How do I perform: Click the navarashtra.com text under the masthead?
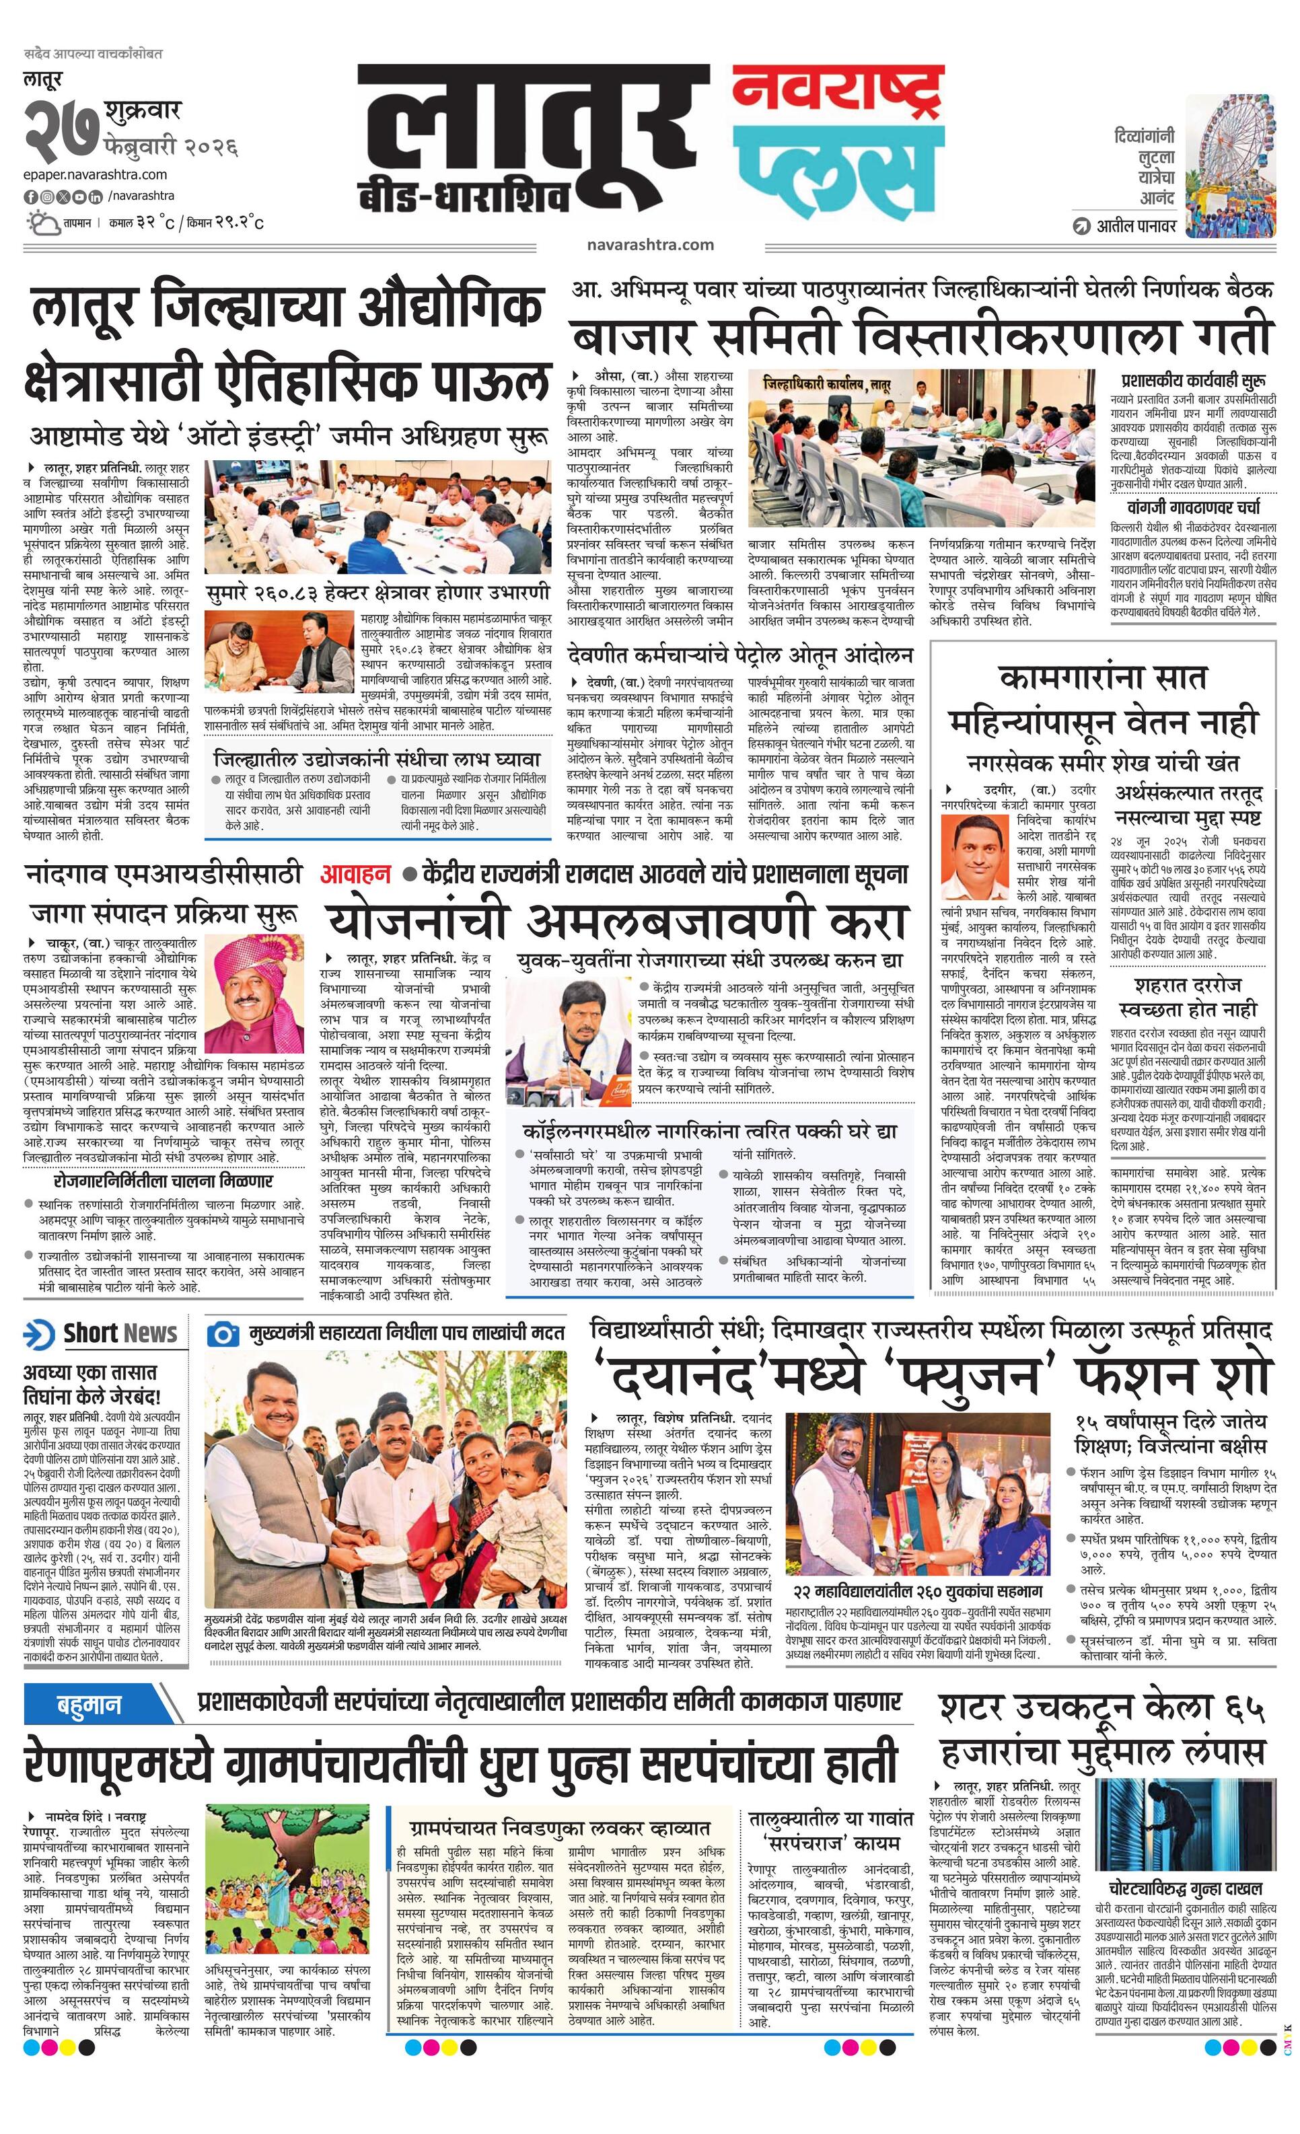click(x=649, y=244)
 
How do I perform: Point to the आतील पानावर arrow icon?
click(x=1080, y=227)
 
